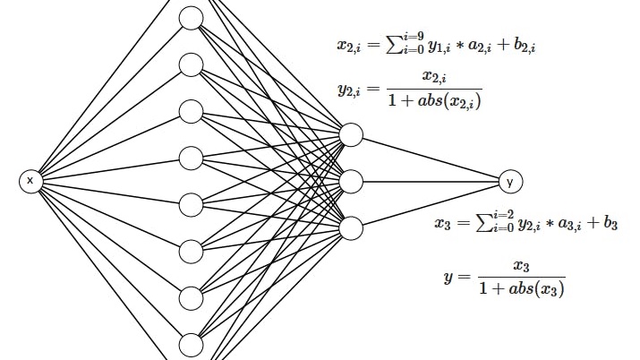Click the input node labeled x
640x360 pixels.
pos(30,181)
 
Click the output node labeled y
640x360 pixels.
pos(510,182)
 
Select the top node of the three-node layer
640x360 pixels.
pos(351,135)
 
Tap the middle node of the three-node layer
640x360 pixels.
pos(351,182)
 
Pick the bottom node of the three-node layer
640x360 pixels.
pos(351,227)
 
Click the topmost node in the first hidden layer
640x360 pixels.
pos(192,18)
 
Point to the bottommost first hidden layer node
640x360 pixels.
pos(192,345)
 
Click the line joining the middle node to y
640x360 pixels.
pos(430,182)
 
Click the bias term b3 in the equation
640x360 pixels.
pos(610,224)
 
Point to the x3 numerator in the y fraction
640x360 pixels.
pos(522,266)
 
